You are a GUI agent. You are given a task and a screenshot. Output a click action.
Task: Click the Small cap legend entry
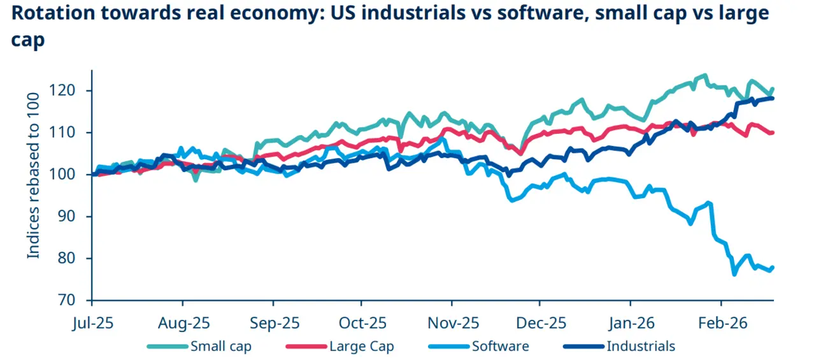click(220, 347)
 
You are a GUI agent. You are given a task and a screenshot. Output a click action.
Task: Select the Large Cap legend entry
click(361, 347)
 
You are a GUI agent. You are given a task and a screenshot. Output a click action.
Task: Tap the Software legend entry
click(500, 347)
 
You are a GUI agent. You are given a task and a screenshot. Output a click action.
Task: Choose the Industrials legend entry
click(640, 347)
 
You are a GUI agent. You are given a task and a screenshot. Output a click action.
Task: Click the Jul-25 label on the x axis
click(92, 322)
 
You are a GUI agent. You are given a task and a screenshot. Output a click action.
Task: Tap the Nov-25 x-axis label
click(452, 322)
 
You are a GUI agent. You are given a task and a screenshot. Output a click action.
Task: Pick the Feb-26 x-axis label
click(721, 322)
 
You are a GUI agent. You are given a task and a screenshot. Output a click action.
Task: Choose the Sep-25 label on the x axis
click(273, 322)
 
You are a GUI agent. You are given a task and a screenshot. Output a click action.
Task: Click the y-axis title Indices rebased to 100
click(34, 173)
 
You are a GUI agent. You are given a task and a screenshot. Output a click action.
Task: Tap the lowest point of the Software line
click(734, 274)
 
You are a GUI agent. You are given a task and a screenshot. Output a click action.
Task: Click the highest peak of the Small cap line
click(704, 75)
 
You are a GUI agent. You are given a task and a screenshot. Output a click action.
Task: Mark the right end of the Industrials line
click(773, 98)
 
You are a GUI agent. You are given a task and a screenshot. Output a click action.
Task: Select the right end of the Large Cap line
click(773, 133)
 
